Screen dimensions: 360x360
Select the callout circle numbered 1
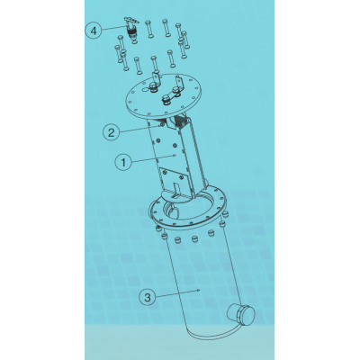point(124,163)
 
